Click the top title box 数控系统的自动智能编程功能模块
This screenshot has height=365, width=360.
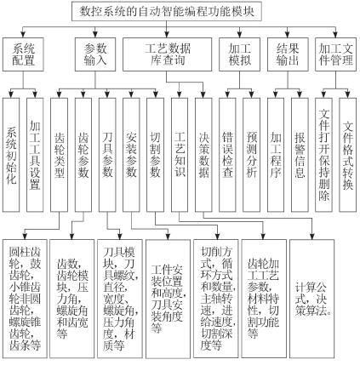(166, 11)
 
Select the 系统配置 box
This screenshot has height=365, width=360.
(23, 54)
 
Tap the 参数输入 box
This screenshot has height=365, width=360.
(95, 54)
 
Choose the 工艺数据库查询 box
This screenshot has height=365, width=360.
(167, 54)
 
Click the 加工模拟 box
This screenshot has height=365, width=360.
(239, 54)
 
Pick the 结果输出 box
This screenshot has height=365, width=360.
(288, 54)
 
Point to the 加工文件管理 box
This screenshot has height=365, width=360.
(336, 54)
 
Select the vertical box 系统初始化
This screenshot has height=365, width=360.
(11, 155)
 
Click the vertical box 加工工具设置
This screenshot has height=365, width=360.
(35, 155)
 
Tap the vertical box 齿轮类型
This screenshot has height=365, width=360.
(59, 155)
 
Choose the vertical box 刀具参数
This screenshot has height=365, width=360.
(107, 155)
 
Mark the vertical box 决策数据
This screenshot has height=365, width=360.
(203, 155)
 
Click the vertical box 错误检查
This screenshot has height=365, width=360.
(227, 155)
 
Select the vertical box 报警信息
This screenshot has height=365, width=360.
(300, 155)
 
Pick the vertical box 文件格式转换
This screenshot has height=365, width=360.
(348, 155)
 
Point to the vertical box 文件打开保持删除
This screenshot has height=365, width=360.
(323, 155)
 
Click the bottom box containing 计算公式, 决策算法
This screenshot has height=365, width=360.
(311, 299)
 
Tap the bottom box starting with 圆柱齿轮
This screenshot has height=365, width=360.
(25, 299)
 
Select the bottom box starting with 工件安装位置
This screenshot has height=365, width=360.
(168, 299)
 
